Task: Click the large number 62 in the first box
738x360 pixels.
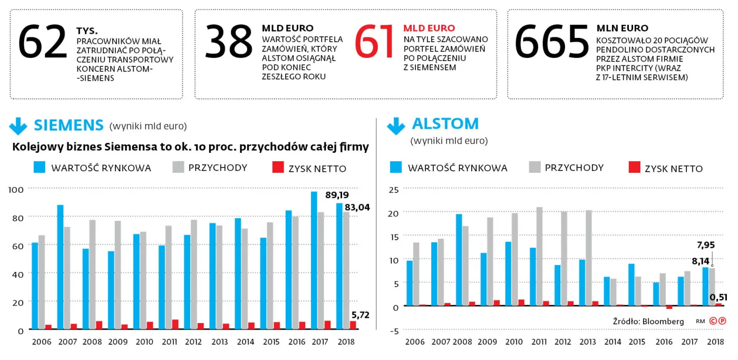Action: tap(43, 42)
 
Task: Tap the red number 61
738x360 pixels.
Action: tap(375, 42)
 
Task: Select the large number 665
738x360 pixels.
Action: tap(552, 42)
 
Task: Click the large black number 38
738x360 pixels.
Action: tap(229, 42)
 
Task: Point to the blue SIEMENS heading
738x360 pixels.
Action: tap(69, 125)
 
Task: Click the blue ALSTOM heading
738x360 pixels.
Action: tap(445, 124)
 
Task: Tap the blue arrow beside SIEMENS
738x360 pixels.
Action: tap(18, 126)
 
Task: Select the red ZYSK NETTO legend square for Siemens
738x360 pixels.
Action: tap(278, 167)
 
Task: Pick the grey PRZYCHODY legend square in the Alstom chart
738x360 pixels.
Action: tap(535, 167)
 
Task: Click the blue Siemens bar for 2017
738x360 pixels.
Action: tap(314, 260)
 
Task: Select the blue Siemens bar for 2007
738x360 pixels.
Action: tap(60, 267)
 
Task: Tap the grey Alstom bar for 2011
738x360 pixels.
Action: tap(539, 256)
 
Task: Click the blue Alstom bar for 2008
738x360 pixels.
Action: tap(459, 260)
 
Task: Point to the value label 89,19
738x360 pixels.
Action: tap(337, 195)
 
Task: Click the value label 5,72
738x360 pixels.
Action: tap(361, 315)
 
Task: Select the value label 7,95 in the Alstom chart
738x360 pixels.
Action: tap(706, 245)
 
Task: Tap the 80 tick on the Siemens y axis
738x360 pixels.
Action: tap(18, 218)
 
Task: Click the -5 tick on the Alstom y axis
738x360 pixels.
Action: tap(394, 331)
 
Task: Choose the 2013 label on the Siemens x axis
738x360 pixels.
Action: tap(219, 342)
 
